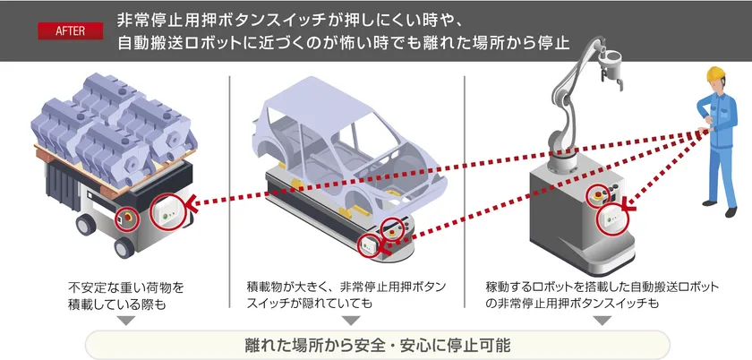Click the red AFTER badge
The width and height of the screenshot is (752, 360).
coord(71,29)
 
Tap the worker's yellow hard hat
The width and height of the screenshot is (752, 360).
coord(714,73)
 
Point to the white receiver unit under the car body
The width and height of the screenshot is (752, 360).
coord(368,244)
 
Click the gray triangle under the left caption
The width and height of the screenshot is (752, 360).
coord(124,320)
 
